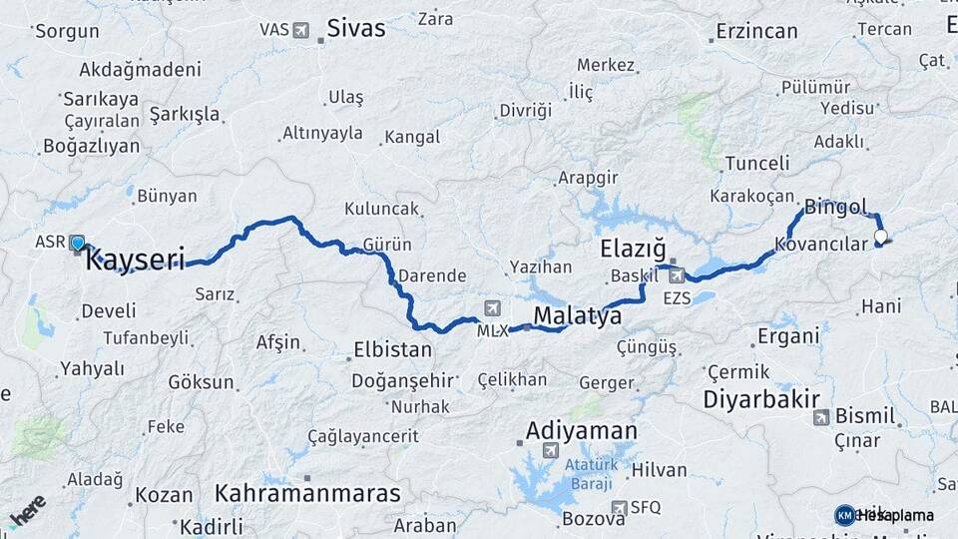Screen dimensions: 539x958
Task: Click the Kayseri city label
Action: [x=136, y=262]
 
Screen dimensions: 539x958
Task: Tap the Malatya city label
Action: [x=578, y=316]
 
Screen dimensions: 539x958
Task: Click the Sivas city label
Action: [x=355, y=29]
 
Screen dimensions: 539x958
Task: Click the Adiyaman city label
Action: [x=581, y=431]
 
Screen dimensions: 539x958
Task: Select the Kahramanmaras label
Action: [x=307, y=493]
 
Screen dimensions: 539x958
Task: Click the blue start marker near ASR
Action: [x=78, y=243]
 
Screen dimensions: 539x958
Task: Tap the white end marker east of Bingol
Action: [x=881, y=237]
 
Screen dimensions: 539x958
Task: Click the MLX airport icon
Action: [x=491, y=307]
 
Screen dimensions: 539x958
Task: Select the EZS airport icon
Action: [x=677, y=274]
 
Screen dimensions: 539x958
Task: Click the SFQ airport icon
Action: [x=619, y=507]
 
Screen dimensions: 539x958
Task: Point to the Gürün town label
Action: [x=388, y=245]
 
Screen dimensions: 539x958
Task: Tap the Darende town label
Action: [x=432, y=275]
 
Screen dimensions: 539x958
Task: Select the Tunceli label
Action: [x=757, y=163]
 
